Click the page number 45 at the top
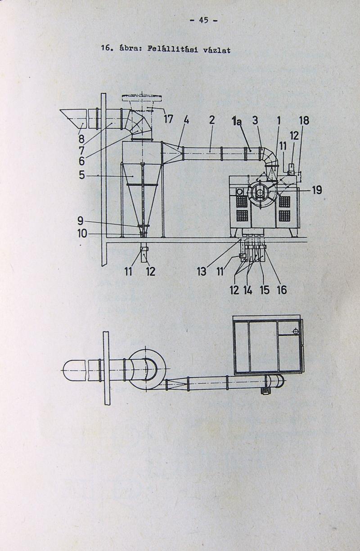point(204,20)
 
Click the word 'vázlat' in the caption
point(217,50)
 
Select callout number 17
point(168,119)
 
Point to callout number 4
point(186,120)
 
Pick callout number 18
point(304,121)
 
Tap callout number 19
point(317,190)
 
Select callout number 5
point(82,175)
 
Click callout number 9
point(81,221)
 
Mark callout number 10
point(82,234)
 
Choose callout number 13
point(202,272)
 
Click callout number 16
point(282,290)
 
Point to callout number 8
point(81,139)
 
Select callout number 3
point(256,120)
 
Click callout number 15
point(265,290)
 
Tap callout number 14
point(248,291)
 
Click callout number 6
point(82,161)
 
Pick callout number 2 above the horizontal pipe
point(212,120)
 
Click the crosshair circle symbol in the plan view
point(296,331)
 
